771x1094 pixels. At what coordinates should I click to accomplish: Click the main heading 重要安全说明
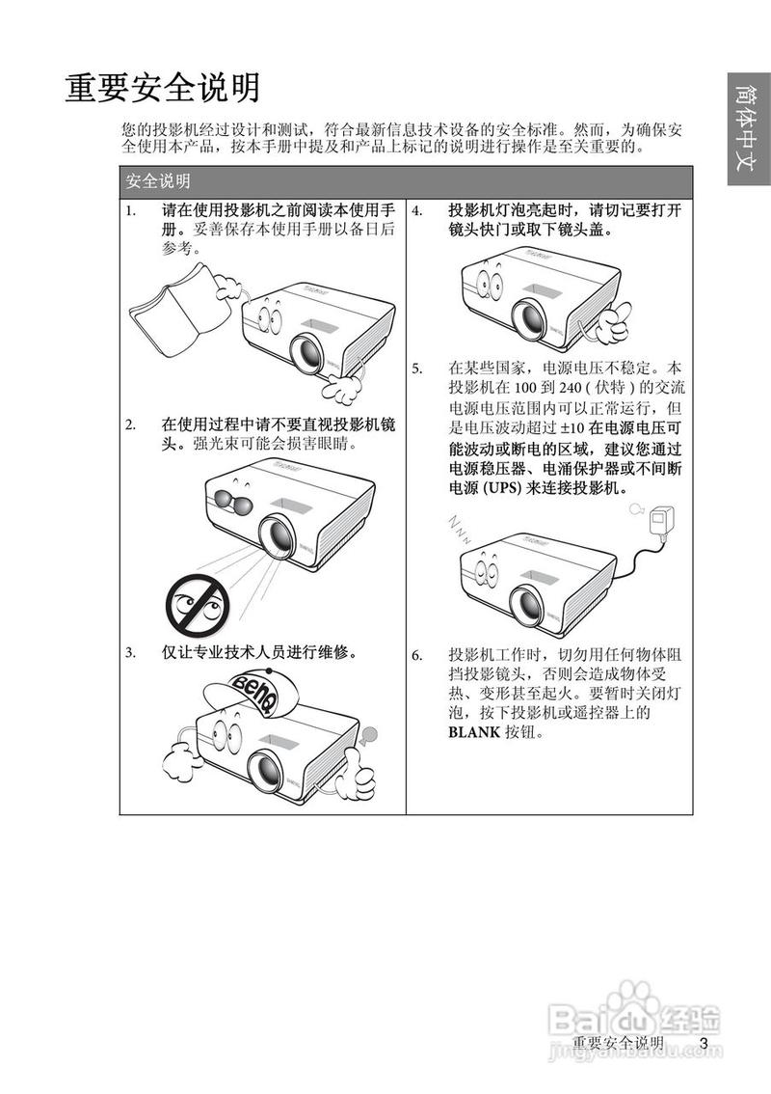click(162, 88)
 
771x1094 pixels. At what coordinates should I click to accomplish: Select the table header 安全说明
click(158, 180)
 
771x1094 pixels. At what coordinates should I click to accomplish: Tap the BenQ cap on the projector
click(253, 693)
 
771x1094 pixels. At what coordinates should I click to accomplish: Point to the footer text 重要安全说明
click(618, 1045)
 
